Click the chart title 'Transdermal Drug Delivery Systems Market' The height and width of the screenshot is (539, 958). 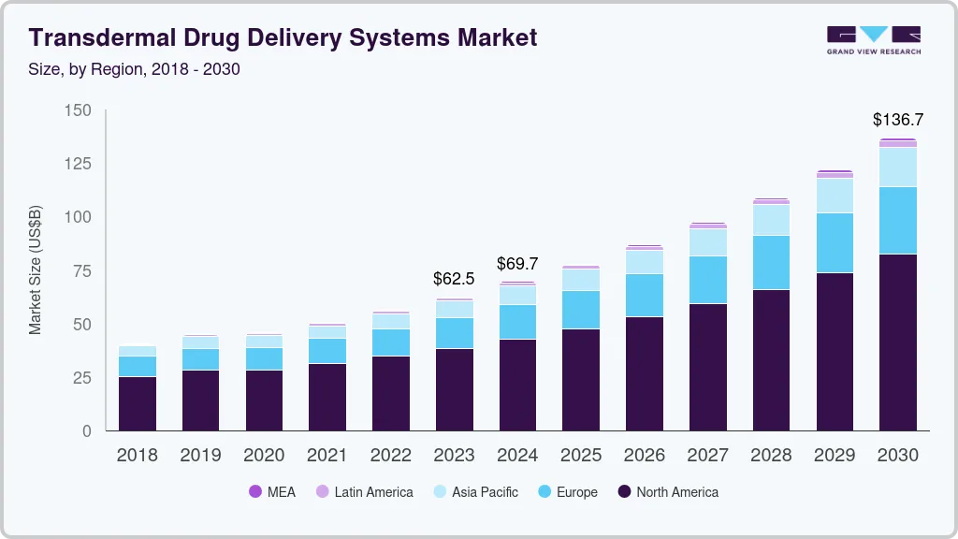(283, 37)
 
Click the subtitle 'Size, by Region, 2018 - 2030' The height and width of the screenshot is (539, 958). (135, 69)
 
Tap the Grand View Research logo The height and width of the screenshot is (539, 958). (873, 39)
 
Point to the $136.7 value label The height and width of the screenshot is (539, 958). (897, 120)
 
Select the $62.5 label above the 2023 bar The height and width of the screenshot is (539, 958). (454, 279)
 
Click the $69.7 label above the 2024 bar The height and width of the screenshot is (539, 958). (517, 264)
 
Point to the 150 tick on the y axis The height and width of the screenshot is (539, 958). (79, 110)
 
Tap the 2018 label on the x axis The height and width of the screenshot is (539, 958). (137, 456)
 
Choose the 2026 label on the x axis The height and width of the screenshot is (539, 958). (644, 456)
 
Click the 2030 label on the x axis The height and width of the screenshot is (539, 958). (897, 456)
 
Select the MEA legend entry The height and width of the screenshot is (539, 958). (272, 492)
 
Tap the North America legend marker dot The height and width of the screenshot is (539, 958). (623, 492)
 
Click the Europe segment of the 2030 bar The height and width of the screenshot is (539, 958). (897, 220)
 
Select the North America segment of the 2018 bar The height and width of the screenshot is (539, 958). (137, 403)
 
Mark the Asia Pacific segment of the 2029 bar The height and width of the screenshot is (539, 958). (834, 196)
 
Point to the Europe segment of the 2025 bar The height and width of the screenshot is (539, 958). (580, 310)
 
